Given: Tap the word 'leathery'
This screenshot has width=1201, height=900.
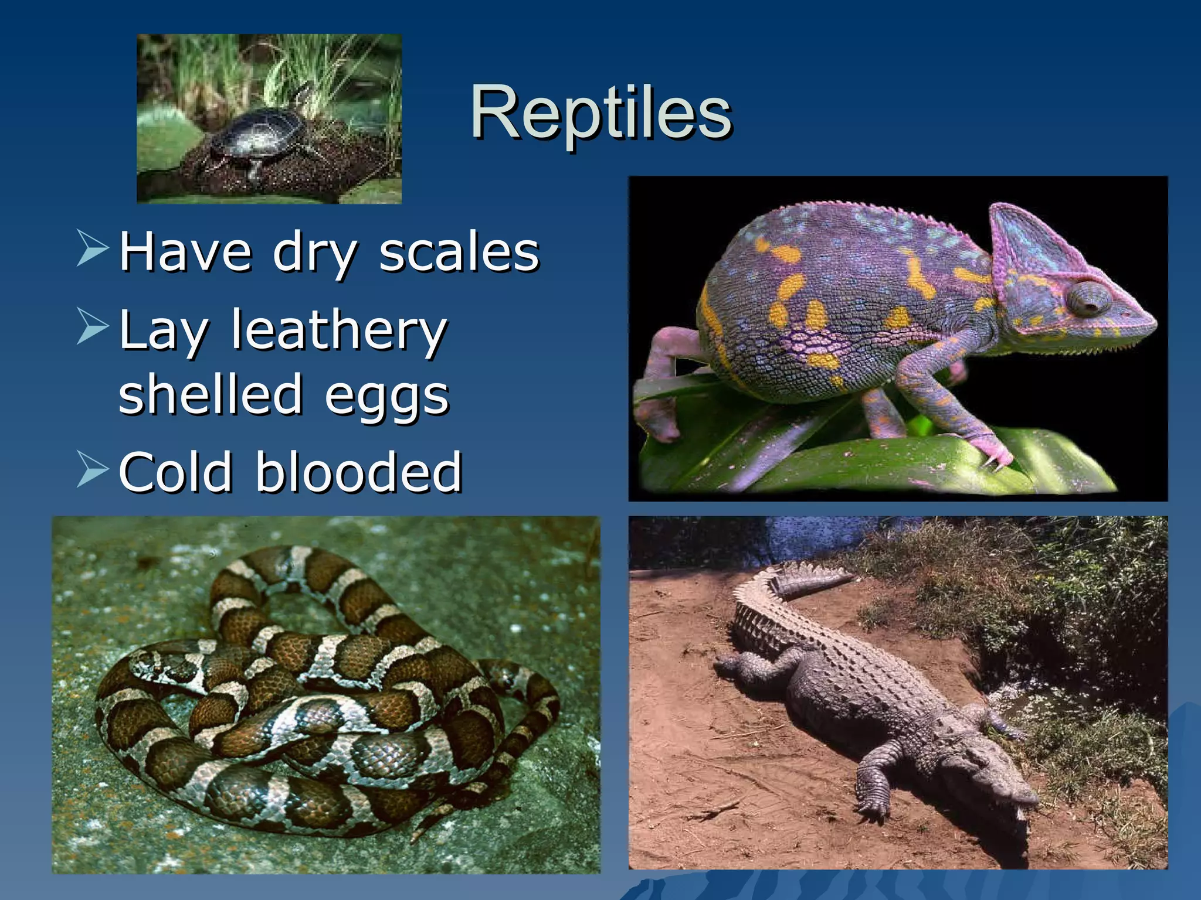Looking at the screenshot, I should pyautogui.click(x=339, y=330).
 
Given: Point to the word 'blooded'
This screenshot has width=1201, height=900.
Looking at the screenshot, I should pyautogui.click(x=358, y=472).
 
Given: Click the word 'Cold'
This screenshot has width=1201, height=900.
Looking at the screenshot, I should pyautogui.click(x=176, y=472).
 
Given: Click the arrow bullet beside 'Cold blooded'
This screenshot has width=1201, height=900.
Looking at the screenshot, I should pyautogui.click(x=93, y=469).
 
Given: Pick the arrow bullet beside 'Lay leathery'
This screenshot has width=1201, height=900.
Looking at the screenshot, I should pyautogui.click(x=93, y=326).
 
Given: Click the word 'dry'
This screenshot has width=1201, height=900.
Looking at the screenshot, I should pyautogui.click(x=314, y=253).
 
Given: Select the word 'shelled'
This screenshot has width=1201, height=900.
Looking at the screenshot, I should pyautogui.click(x=210, y=394).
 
